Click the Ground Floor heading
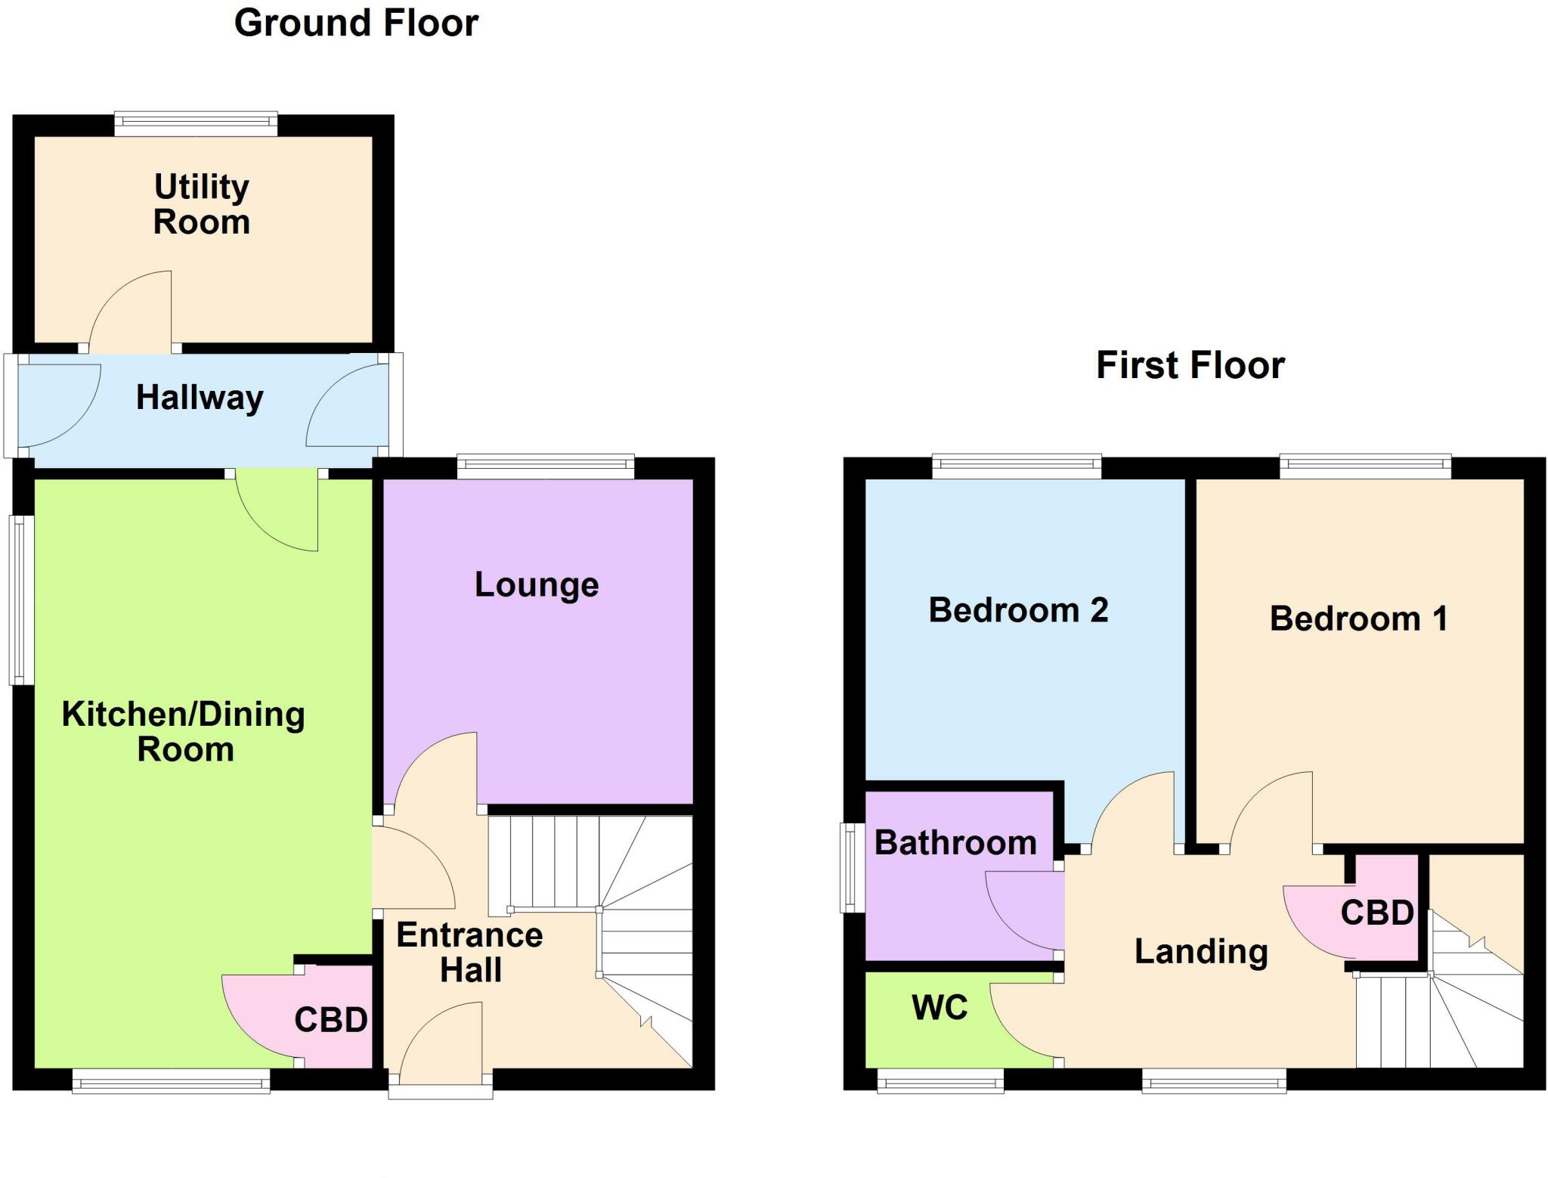(x=356, y=23)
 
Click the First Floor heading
(x=1190, y=365)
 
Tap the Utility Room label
(x=201, y=204)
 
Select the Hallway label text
(x=200, y=398)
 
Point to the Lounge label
(x=537, y=584)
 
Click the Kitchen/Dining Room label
(x=184, y=731)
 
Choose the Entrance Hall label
(x=469, y=952)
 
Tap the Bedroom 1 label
(x=1358, y=618)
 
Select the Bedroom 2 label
(x=1018, y=610)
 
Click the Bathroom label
(x=955, y=843)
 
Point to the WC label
(x=940, y=1007)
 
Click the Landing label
(x=1201, y=951)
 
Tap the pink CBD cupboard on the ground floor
(x=330, y=1020)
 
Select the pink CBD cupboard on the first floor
(x=1377, y=913)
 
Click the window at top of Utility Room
(x=196, y=124)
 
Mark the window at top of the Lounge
(x=546, y=467)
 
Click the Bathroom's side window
(x=853, y=867)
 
